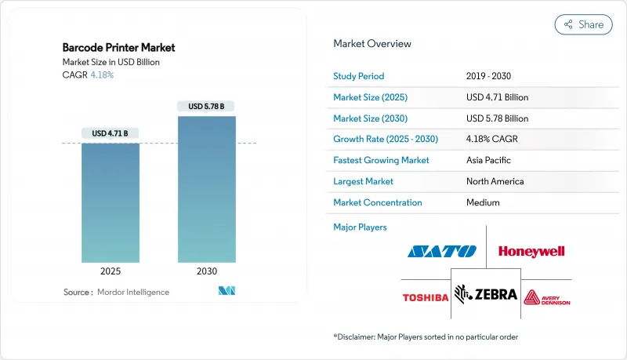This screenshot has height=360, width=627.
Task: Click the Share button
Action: (584, 24)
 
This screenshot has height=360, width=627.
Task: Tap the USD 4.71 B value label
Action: (111, 133)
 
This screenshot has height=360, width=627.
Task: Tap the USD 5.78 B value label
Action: (206, 106)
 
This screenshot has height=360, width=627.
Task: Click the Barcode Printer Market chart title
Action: (118, 48)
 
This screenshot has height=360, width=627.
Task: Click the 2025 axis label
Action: (111, 271)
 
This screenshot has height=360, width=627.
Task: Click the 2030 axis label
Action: (206, 271)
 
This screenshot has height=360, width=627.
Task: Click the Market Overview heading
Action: (372, 44)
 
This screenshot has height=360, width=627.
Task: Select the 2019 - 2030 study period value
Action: (490, 77)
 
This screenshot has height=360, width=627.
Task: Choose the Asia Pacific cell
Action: (489, 160)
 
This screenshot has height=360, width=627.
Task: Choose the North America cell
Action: (495, 181)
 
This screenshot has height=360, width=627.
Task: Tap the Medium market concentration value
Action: (483, 202)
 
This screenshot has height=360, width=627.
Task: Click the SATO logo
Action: (441, 252)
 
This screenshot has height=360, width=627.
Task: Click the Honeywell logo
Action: (531, 252)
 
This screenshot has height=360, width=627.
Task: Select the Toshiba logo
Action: (426, 297)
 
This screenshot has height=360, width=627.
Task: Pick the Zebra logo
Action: (486, 295)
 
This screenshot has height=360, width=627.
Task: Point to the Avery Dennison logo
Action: (548, 296)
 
